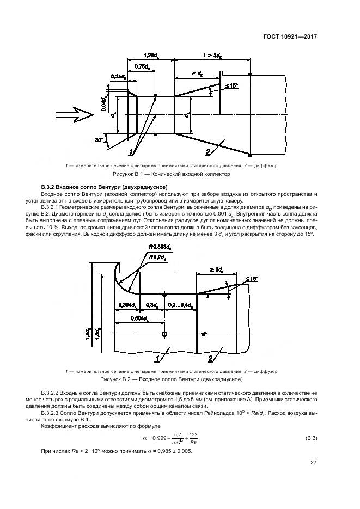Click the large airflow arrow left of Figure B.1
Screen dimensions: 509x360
[74, 113]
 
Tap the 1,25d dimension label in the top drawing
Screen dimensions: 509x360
[150, 56]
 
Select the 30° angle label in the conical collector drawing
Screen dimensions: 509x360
[99, 140]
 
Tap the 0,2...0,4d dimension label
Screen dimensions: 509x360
[180, 304]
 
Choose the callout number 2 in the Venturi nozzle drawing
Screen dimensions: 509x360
[210, 358]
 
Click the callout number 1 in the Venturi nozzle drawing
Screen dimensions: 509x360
[158, 358]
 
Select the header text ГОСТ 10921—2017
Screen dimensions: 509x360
[289, 37]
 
